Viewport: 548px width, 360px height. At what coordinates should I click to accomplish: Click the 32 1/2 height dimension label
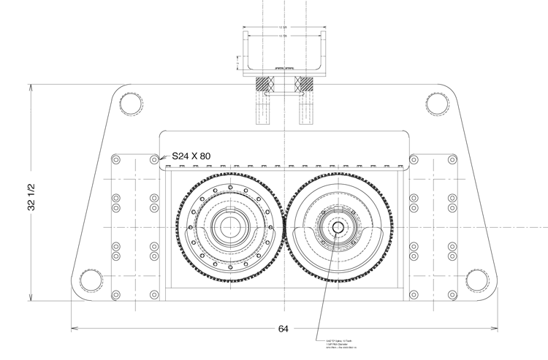pos(31,195)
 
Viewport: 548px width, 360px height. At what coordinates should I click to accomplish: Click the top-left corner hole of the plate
pos(131,104)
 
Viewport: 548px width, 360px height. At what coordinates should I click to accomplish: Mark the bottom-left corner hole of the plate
pos(89,280)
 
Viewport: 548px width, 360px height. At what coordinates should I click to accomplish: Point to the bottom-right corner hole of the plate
pos(477,280)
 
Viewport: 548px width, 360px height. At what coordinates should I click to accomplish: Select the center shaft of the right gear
pos(338,227)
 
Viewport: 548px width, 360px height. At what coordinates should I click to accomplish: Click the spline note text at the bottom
pos(338,345)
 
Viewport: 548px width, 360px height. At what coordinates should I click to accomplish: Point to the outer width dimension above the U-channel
pos(283,28)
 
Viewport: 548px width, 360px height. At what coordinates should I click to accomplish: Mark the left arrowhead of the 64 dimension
pos(73,328)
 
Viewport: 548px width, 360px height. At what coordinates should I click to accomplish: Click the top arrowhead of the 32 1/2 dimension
pos(31,86)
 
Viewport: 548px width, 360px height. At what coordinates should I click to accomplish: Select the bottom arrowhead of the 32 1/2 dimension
pos(31,297)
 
